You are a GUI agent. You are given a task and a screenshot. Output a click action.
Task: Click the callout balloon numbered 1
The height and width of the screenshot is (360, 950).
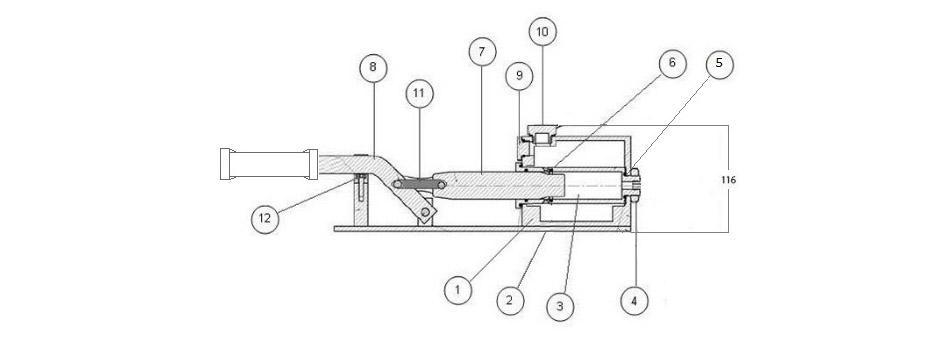tap(458, 289)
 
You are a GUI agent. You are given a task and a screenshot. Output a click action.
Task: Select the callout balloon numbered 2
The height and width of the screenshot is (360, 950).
tap(510, 300)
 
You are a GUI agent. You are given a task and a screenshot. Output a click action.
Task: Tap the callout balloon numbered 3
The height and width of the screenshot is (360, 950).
tap(560, 306)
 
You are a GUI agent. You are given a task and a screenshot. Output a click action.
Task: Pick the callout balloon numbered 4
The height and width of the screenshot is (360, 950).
tap(634, 300)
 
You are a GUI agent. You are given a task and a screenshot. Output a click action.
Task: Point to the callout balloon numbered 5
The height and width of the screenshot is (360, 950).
tap(719, 64)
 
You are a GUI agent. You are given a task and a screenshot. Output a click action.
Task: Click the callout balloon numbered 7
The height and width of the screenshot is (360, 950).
tap(482, 52)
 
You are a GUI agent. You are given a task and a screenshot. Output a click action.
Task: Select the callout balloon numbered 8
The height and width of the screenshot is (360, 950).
tap(373, 68)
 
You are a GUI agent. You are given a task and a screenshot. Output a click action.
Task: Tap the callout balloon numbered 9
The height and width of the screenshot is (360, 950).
tap(519, 76)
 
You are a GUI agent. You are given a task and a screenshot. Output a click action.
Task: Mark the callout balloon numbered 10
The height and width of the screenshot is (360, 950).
tap(542, 32)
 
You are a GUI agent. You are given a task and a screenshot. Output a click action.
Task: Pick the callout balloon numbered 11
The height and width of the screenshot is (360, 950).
tap(420, 94)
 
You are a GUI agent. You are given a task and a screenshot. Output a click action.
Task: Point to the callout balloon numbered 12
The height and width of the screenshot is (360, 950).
tap(265, 219)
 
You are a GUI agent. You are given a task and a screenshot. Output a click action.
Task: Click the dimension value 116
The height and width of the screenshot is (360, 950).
tap(729, 180)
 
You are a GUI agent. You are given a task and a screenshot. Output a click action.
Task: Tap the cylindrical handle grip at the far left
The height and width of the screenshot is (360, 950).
tap(269, 164)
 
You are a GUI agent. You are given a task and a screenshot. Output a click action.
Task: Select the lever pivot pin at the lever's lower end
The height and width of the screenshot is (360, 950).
tap(427, 212)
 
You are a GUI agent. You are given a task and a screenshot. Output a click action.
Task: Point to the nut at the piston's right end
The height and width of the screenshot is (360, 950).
tap(633, 185)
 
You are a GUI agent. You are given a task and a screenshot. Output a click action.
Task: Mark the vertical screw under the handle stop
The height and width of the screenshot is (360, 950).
tap(361, 187)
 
